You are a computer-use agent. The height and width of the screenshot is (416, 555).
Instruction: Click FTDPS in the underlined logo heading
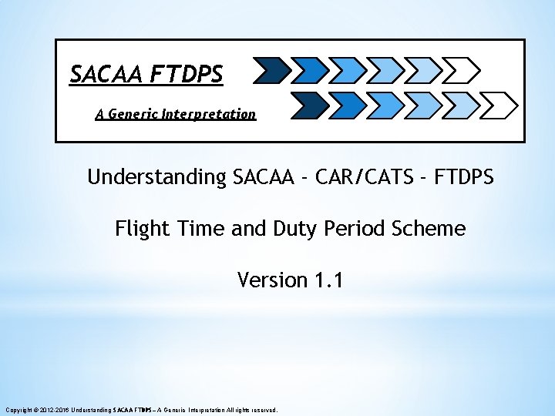[x=187, y=74]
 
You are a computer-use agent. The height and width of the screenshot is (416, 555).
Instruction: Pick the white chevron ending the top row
[x=463, y=72]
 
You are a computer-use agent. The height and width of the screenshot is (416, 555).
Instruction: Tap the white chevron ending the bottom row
[x=502, y=103]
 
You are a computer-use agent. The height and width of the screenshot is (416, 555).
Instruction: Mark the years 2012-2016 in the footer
[x=54, y=410]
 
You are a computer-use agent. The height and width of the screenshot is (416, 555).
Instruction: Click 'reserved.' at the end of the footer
[x=264, y=410]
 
